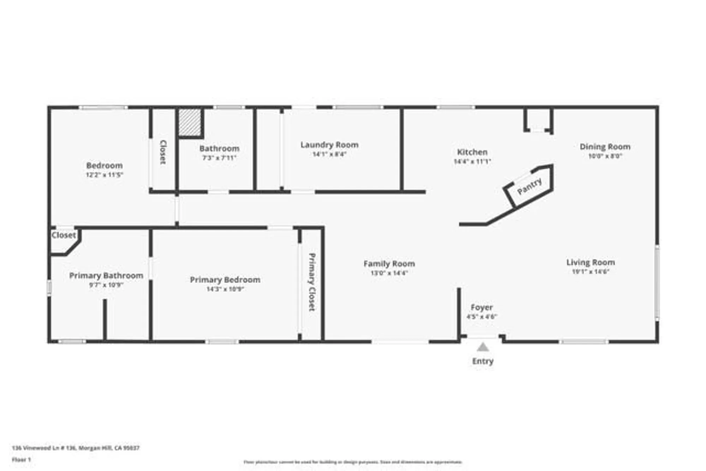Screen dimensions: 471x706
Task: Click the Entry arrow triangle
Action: (483, 348)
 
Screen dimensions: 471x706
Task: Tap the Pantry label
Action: (529, 186)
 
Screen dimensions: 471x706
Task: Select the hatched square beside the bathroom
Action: (190, 122)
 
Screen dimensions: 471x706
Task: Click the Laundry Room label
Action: (329, 145)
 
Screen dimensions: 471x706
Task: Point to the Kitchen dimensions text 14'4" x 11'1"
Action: (472, 162)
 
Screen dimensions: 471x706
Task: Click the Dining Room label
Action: (605, 147)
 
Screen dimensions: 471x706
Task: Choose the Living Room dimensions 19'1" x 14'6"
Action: (590, 272)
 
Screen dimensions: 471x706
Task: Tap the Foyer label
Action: (481, 308)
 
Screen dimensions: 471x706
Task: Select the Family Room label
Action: (389, 264)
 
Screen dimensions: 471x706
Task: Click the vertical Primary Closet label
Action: (312, 282)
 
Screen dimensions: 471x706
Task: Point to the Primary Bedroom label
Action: (225, 280)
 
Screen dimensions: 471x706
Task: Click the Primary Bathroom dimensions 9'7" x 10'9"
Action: (106, 285)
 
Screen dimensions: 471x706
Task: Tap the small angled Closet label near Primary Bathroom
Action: (64, 235)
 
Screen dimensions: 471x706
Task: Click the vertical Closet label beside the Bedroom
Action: (163, 152)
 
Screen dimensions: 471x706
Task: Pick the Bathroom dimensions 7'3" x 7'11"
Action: (219, 158)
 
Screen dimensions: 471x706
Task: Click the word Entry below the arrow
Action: (483, 361)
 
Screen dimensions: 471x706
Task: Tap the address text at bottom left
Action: (76, 448)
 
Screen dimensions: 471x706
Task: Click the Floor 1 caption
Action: (21, 460)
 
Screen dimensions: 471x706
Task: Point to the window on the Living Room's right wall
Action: (657, 282)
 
